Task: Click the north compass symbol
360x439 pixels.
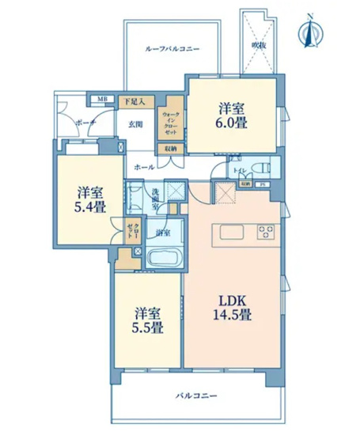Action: coord(309,32)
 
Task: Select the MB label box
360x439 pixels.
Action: coord(102,99)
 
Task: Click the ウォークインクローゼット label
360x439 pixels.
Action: coord(170,123)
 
